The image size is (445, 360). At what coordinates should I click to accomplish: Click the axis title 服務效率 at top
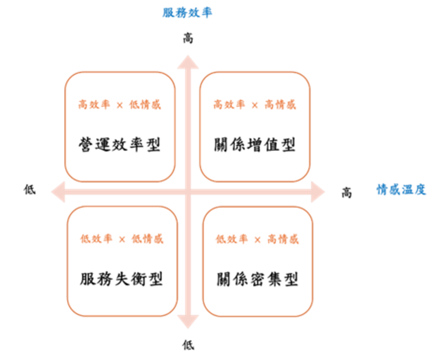tap(187, 13)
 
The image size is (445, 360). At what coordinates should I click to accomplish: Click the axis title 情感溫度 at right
tap(401, 190)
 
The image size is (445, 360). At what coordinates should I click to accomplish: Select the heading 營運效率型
tap(120, 145)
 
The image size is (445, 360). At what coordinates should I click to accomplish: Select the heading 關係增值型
tap(255, 145)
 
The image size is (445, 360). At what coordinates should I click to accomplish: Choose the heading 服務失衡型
tap(122, 278)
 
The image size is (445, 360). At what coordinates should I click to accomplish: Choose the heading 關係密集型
tap(258, 278)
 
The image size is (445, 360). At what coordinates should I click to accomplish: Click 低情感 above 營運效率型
tap(145, 105)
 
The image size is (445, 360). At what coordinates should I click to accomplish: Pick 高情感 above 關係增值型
tap(280, 105)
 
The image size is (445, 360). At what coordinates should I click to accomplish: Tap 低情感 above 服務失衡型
tap(147, 239)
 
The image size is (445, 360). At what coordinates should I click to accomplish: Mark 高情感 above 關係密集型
tap(283, 239)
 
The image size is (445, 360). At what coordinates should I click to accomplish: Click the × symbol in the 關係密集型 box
tap(257, 240)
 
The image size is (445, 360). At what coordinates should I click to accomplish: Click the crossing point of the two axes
tap(188, 191)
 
